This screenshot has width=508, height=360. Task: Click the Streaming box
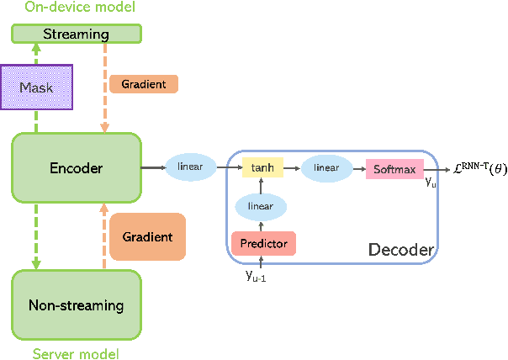tap(76, 34)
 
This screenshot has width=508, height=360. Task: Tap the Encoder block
tap(76, 168)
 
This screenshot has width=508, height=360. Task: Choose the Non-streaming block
tap(76, 305)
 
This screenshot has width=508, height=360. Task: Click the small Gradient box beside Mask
tap(143, 84)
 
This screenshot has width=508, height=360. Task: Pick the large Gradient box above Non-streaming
tap(147, 236)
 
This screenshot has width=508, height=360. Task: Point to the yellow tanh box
tap(262, 168)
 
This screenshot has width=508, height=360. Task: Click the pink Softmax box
tap(394, 169)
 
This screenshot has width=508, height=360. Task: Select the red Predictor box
tap(263, 244)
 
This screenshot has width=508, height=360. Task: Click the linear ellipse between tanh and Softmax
tap(326, 168)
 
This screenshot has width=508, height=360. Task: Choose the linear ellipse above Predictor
tap(261, 206)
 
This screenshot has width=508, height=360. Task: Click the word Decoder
tap(400, 250)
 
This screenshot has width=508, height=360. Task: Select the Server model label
tap(76, 352)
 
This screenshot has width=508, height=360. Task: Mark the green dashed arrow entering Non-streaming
tap(36, 236)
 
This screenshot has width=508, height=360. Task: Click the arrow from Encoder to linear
tap(152, 168)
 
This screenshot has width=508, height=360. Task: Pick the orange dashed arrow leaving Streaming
tap(105, 84)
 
